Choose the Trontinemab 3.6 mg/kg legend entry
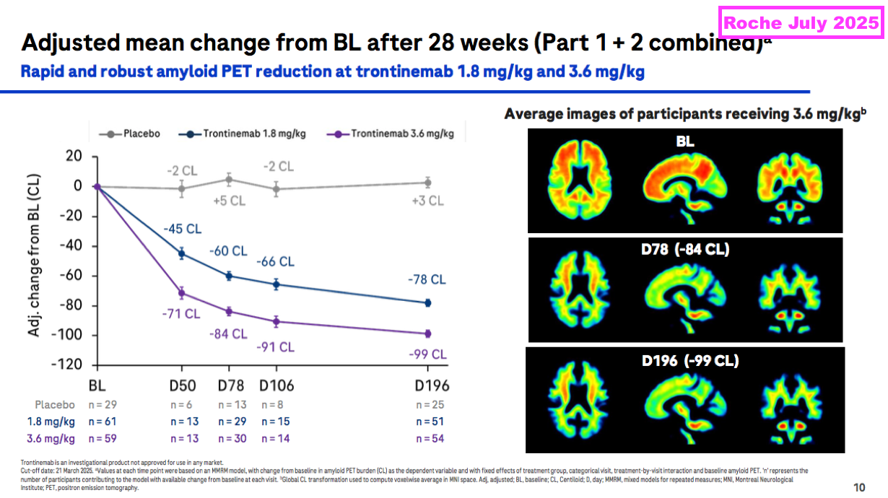(x=399, y=134)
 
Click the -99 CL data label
(x=427, y=354)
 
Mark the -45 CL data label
(x=183, y=229)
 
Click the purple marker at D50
(x=182, y=293)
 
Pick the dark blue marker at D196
(x=427, y=303)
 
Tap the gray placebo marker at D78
(x=229, y=179)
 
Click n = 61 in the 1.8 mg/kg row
(x=102, y=421)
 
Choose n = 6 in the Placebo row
(x=182, y=404)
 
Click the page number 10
(x=860, y=486)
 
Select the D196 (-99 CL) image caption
(x=690, y=361)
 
